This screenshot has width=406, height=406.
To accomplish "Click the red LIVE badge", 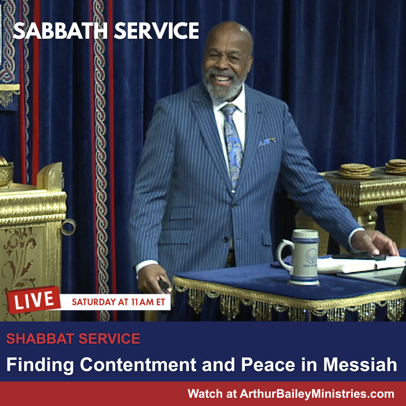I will pyautogui.click(x=33, y=300).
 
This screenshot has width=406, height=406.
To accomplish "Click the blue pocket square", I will pyautogui.click(x=267, y=142).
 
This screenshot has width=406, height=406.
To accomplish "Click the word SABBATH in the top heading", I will pyautogui.click(x=61, y=31).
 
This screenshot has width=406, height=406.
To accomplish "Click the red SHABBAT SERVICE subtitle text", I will pyautogui.click(x=73, y=339).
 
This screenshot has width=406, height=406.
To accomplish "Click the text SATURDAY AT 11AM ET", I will pyautogui.click(x=118, y=302).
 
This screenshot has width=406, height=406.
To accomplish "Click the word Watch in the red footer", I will pyautogui.click(x=205, y=394).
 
